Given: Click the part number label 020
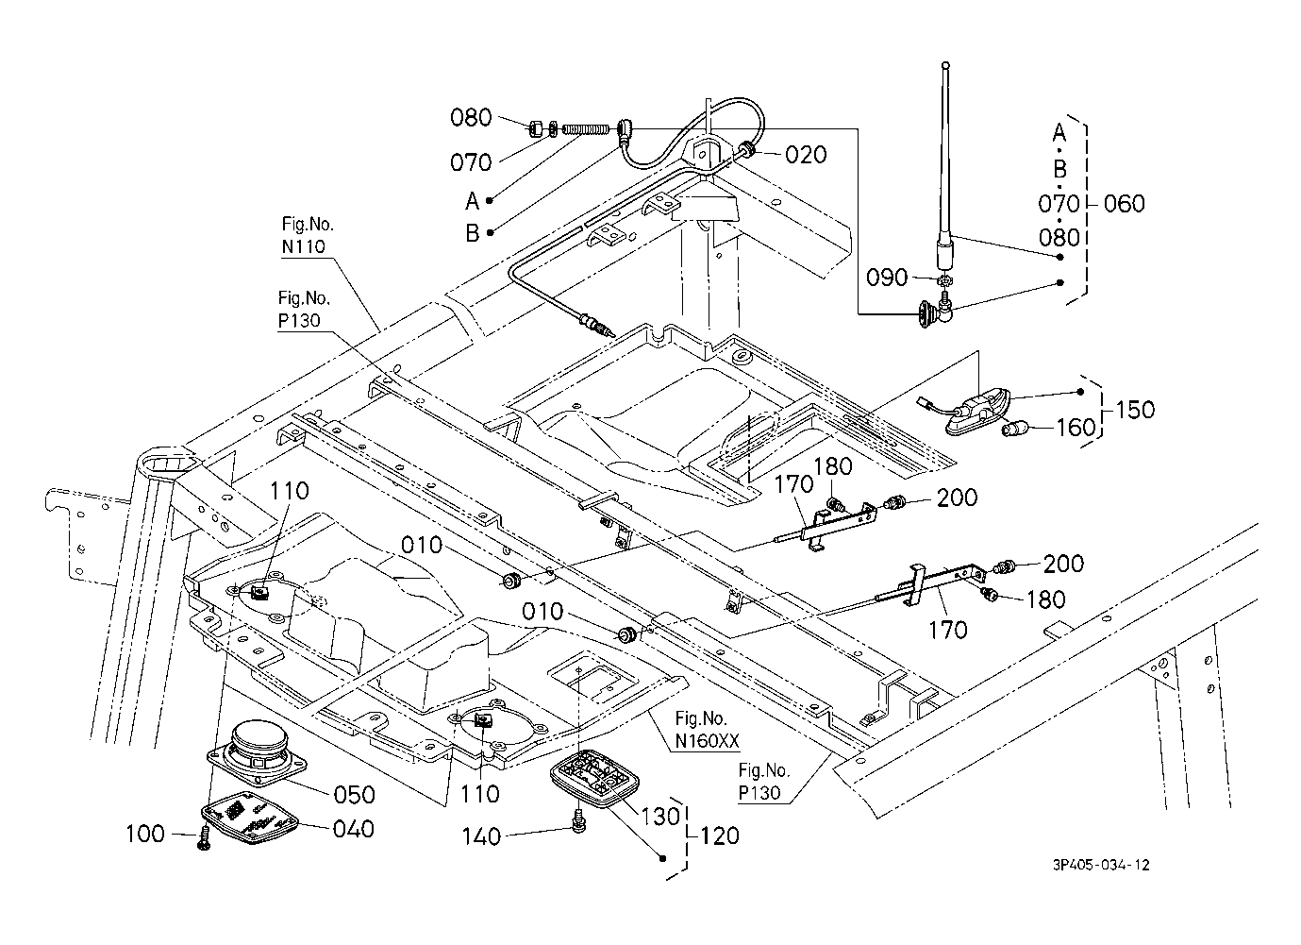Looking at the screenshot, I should click(x=806, y=155).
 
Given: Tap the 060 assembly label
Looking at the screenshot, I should click(x=1124, y=203).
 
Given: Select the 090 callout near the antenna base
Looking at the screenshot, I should click(x=887, y=278).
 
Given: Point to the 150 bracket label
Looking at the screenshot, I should click(x=1134, y=411).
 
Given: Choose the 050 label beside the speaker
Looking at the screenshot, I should click(x=353, y=794).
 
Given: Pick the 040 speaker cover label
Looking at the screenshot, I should click(x=353, y=829).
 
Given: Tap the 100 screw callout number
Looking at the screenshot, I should click(x=145, y=834).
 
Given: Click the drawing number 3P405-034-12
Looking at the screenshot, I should click(x=1103, y=865).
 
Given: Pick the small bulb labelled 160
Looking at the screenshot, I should click(x=1013, y=430).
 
